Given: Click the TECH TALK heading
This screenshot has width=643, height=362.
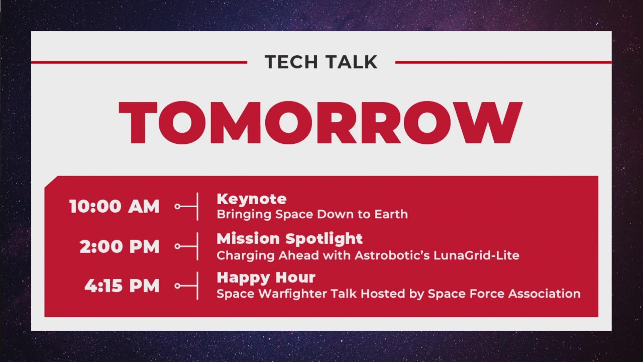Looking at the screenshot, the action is point(321,62).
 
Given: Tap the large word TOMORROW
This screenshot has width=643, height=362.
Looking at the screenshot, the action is point(320,122).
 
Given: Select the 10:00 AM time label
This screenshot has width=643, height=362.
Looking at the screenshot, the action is point(114,206).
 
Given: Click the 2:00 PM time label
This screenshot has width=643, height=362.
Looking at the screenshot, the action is point(120,246).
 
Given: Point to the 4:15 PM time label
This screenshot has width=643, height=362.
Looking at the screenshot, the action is point(122,286).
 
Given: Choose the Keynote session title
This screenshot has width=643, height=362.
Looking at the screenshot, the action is point(252,199).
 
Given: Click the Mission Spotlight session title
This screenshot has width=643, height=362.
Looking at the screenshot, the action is point(290,239).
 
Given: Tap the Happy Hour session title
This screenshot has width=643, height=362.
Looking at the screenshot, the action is point(266,278).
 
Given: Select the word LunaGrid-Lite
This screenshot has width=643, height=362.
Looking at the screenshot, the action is point(477,255).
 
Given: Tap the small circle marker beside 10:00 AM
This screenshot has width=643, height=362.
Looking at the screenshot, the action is point(177,207).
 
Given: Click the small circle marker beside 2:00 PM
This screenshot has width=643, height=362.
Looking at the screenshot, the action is point(177,246).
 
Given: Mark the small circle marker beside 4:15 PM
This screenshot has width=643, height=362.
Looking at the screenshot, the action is point(177,286).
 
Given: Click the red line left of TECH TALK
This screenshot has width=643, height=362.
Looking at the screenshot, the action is point(139,62).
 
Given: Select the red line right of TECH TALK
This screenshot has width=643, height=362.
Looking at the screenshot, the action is point(503,62).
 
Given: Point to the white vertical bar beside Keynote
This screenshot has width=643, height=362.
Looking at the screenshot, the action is point(197,207).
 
